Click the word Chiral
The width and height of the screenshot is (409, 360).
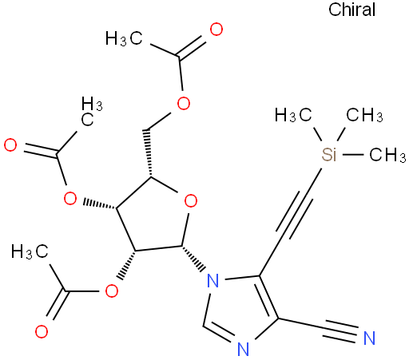coord(351,10)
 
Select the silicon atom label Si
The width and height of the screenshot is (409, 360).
coord(329,154)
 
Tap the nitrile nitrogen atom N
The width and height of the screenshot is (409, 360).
coord(369,338)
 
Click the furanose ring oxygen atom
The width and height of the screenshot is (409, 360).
coord(191,200)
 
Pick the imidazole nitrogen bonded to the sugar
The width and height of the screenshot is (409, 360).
coord(212,280)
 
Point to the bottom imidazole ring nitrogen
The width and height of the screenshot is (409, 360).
coord(243,349)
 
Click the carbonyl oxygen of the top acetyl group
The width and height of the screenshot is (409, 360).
coord(216,30)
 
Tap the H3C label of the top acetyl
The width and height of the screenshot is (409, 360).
coord(124,38)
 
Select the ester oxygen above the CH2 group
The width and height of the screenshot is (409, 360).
coord(184,103)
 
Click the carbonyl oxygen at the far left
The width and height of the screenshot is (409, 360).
coord(10,145)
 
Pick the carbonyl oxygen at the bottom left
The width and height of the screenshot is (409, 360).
coord(42,331)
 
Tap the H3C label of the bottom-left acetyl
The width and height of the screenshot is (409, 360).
coord(30,251)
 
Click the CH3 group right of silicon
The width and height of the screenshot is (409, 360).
coord(387,155)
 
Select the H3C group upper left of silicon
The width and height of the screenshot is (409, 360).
coord(293,115)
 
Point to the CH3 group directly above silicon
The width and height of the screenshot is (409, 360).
coord(364,115)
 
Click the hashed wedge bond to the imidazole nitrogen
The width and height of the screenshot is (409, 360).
coord(194,259)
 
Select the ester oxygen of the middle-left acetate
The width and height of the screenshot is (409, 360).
coord(70,198)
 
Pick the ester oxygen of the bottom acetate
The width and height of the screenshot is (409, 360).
coord(112,291)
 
